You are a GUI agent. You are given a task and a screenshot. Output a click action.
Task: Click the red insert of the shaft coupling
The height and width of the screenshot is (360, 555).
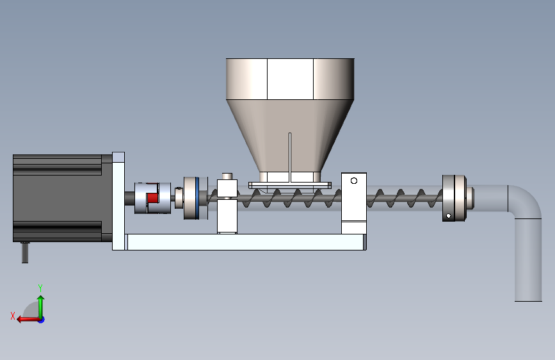pos(152,198)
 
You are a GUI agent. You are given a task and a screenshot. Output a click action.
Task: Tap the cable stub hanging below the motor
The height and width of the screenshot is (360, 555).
pos(25,252)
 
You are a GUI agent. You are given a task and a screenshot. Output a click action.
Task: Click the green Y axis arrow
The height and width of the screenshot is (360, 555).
pos(41,307)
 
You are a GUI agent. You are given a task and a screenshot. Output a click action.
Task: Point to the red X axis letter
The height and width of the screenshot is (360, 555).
pos(13,316)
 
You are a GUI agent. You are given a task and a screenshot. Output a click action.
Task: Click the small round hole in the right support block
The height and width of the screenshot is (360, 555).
pos(353,181)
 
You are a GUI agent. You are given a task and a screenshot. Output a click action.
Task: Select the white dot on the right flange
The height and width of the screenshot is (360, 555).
pos(449,216)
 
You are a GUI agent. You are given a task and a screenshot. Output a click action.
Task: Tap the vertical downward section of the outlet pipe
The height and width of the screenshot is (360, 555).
pos(528,260)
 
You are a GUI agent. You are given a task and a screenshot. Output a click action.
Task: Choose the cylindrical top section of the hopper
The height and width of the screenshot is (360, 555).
pos(290,79)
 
